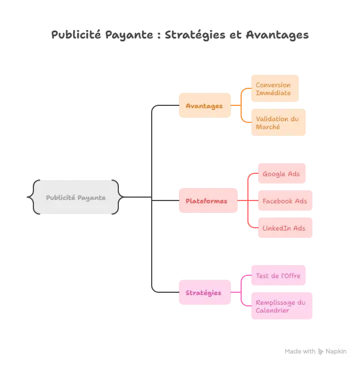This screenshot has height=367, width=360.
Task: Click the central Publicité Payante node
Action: coord(76,198)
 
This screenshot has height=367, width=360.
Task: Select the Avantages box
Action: coord(204,106)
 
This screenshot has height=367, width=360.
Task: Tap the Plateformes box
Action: coord(207,201)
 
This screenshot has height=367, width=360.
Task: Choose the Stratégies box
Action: coord(204,293)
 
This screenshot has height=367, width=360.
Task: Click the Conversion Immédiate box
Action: coord(273,88)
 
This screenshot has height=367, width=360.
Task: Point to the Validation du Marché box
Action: coord(277,122)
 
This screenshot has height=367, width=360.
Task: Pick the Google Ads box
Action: coord(281,174)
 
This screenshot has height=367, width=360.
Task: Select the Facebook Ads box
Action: coord(285,201)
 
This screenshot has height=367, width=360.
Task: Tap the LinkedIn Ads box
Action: coord(284,228)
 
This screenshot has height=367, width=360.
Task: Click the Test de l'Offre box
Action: coord(278,275)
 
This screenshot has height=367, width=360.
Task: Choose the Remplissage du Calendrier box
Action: coord(280,306)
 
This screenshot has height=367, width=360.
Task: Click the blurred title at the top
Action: coord(180,35)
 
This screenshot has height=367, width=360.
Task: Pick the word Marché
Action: coord(267,127)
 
